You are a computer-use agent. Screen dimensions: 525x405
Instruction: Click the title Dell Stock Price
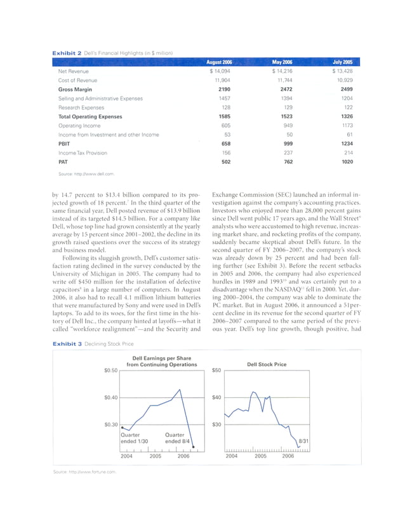(x=267, y=364)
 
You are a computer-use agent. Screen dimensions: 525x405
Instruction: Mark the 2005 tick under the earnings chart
(x=156, y=456)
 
